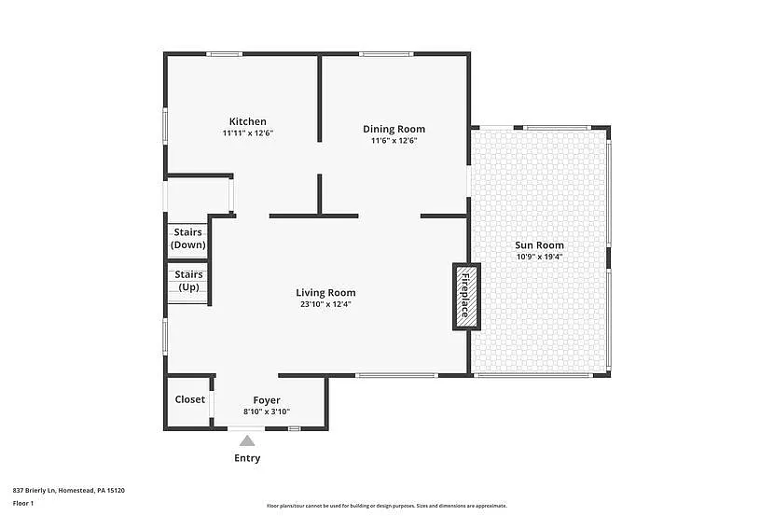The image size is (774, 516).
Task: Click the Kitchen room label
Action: click(248, 121)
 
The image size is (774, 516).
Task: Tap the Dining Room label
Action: click(394, 129)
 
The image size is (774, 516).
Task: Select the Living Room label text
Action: click(325, 292)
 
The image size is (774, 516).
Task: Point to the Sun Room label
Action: click(539, 245)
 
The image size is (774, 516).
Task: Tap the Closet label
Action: click(189, 399)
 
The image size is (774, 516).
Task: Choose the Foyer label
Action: click(267, 400)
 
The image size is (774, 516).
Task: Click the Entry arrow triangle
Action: click(247, 441)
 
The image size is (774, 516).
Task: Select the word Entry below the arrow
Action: click(247, 458)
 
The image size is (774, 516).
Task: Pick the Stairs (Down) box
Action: click(187, 239)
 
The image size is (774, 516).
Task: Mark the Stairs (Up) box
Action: click(188, 281)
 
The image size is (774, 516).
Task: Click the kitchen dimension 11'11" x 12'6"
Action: click(247, 133)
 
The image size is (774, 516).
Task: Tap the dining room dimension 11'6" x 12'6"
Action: click(394, 141)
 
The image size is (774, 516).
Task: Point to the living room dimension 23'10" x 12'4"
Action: click(325, 304)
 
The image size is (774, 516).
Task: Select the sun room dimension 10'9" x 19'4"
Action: click(539, 257)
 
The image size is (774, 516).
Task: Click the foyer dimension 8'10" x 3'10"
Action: click(267, 411)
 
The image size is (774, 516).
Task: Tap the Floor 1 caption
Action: click(23, 503)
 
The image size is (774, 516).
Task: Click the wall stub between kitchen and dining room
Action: click(320, 98)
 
